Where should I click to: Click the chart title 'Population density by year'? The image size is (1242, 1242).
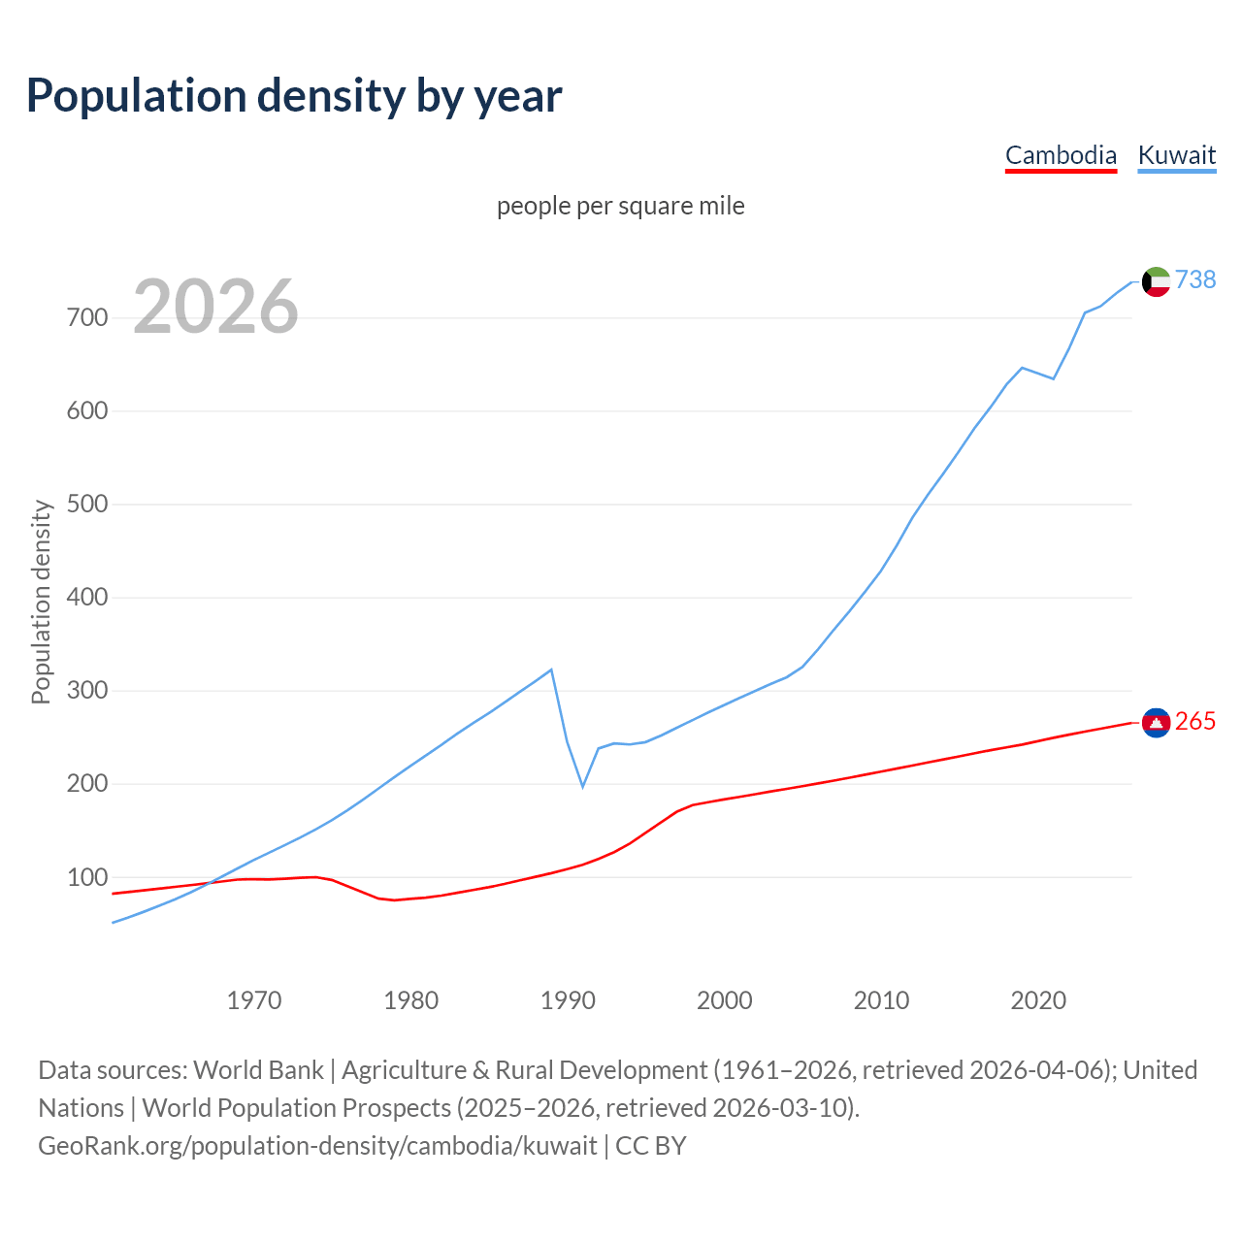coord(294,96)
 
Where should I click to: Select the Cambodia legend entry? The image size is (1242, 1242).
coord(1061,155)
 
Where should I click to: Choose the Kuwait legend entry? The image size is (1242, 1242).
coord(1176,155)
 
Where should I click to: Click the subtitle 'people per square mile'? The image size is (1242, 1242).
coord(620,206)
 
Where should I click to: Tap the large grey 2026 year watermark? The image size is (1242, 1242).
coord(215,307)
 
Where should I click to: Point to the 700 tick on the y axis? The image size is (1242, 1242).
coord(87,318)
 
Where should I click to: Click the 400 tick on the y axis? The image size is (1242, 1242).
coord(87,598)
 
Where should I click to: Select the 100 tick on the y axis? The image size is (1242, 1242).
coord(87,877)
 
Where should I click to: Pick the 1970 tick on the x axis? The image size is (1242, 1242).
coord(254,1000)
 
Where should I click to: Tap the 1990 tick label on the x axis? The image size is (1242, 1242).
coord(568,1000)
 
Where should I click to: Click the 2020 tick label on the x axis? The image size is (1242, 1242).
coord(1038,1000)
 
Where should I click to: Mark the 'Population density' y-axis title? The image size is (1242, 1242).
coord(41,602)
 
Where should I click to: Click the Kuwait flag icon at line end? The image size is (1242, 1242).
coord(1156,281)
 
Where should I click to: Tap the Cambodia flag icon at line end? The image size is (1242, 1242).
coord(1156,722)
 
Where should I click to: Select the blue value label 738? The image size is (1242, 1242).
coord(1195,279)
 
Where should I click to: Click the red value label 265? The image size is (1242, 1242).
coord(1195,721)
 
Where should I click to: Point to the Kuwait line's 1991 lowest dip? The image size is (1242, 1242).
coord(583,786)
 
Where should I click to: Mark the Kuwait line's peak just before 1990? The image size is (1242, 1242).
coord(551,670)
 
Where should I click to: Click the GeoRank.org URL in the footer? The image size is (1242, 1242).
coord(317,1146)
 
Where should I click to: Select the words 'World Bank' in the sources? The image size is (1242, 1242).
coord(258,1070)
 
